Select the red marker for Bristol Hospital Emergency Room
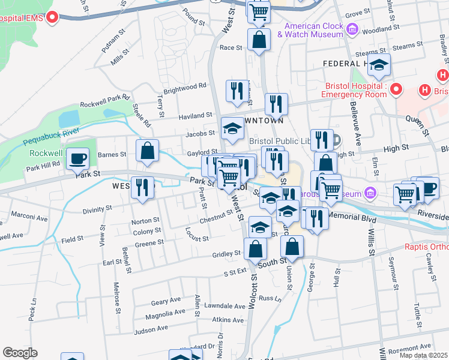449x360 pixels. [396, 90]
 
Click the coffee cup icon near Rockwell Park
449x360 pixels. [77, 159]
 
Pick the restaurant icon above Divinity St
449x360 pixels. [142, 187]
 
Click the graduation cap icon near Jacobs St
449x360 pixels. [232, 128]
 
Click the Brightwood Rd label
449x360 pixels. [185, 88]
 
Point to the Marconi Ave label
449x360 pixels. [28, 218]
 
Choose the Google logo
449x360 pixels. [20, 353]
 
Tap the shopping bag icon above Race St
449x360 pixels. [258, 41]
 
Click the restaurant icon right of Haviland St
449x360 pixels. [276, 104]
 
